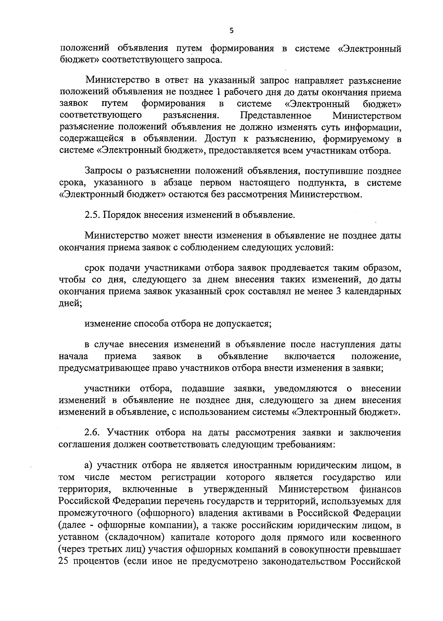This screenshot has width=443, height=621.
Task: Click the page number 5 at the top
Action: (x=231, y=31)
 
